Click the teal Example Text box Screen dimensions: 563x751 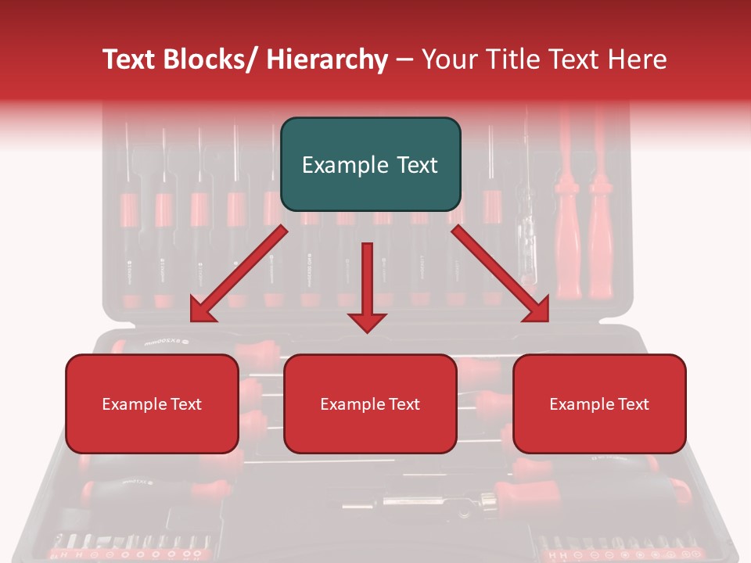tap(370, 164)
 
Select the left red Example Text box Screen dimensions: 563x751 tap(152, 403)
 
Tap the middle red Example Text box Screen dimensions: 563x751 tap(370, 403)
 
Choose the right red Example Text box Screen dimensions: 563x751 tap(599, 403)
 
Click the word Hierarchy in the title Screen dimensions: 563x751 tap(326, 59)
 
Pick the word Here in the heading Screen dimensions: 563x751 tap(637, 59)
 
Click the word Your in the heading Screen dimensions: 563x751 tap(446, 59)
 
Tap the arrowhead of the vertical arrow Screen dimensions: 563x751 tap(367, 321)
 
